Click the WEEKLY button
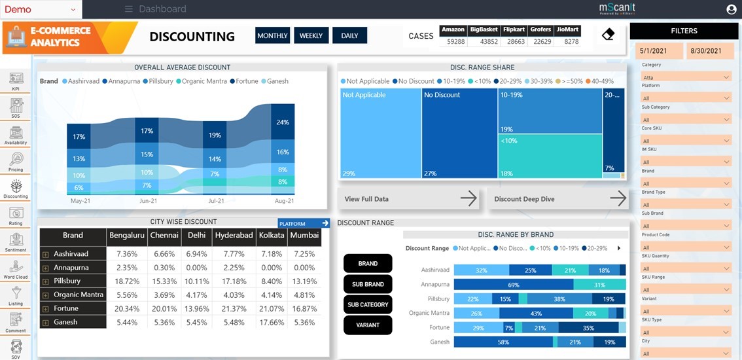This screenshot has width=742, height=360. tap(311, 35)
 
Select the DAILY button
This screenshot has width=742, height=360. tap(349, 35)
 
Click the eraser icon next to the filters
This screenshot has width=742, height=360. tap(608, 35)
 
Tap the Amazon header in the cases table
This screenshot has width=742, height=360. tap(453, 29)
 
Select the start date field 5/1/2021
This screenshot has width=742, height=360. tap(658, 51)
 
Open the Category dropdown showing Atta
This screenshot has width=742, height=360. tap(685, 77)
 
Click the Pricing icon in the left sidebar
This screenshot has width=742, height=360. tap(16, 161)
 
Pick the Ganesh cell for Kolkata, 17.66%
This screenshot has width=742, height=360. tap(271, 322)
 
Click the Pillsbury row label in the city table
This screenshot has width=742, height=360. tap(67, 281)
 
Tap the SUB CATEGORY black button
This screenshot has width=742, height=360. tap(368, 304)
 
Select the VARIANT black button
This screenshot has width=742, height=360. tap(368, 325)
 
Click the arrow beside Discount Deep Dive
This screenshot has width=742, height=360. tap(618, 199)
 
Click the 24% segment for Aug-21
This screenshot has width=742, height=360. tap(283, 122)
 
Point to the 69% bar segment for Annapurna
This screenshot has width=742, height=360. tap(514, 285)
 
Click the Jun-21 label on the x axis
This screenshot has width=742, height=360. tap(149, 201)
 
